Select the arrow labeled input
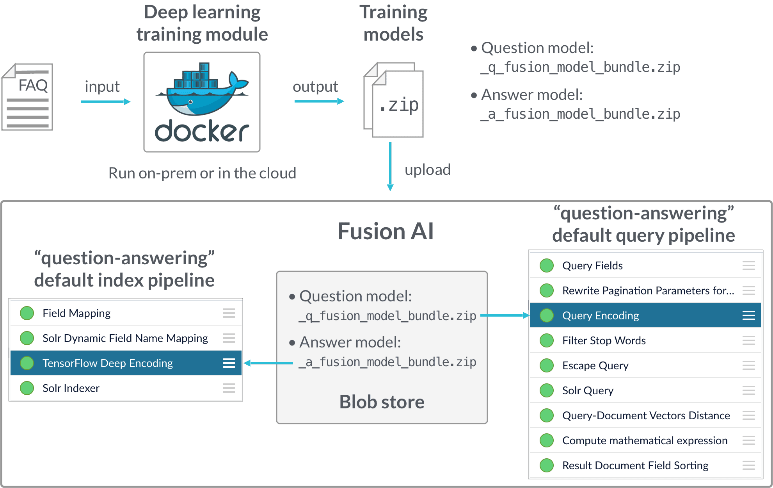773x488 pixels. click(x=105, y=102)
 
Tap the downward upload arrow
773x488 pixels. click(x=390, y=166)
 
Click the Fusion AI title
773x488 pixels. click(x=385, y=231)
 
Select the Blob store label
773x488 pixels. click(x=382, y=402)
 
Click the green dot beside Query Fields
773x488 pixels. click(x=546, y=265)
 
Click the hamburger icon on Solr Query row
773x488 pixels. click(x=748, y=390)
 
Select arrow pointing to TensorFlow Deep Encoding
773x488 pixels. click(x=268, y=363)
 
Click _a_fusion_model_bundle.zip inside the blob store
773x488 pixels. click(x=387, y=362)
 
